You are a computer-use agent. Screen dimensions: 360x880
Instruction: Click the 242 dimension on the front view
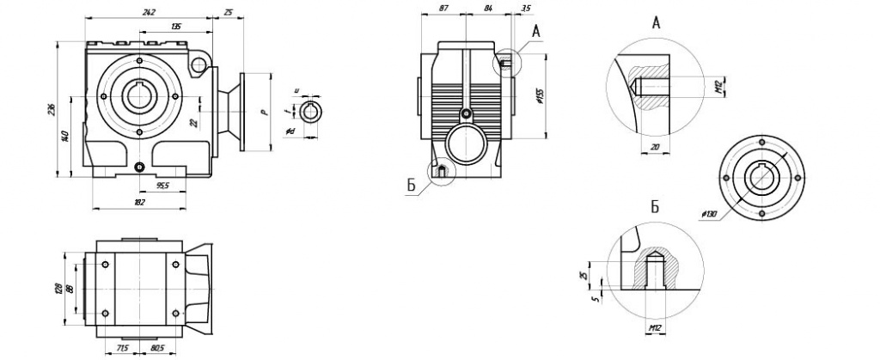[150, 12]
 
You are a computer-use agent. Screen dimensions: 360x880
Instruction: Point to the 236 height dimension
[51, 108]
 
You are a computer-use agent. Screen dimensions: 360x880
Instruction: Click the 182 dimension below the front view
[139, 202]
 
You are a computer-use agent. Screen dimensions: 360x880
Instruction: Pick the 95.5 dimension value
[161, 186]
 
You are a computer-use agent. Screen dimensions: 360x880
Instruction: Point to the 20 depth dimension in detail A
[655, 147]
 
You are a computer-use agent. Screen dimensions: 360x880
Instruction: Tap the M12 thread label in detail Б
[654, 328]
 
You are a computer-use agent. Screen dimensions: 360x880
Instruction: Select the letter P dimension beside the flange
[266, 111]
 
